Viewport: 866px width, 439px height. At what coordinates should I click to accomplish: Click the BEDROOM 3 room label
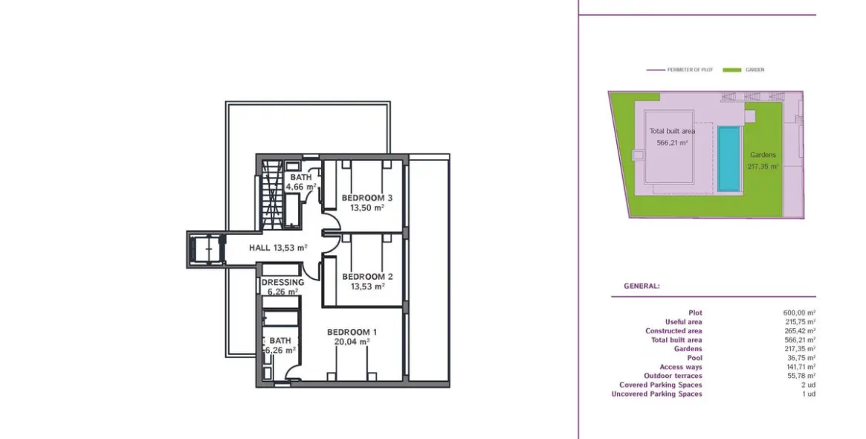(x=366, y=198)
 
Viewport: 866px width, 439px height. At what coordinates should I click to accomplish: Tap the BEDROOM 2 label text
(x=367, y=277)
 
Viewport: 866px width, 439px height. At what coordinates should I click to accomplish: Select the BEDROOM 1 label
(x=352, y=333)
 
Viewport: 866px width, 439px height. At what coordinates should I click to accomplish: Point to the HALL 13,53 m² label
(x=278, y=248)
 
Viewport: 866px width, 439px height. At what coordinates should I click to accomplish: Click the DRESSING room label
(x=282, y=283)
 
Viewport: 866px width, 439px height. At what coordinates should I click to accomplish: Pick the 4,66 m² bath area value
(x=301, y=187)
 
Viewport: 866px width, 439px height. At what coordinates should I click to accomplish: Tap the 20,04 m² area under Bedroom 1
(x=352, y=342)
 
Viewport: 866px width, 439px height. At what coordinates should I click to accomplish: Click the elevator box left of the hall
(x=206, y=250)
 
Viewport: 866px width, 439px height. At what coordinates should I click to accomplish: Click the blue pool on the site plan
(x=728, y=159)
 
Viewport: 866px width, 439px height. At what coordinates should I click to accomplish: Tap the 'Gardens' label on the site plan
(x=763, y=155)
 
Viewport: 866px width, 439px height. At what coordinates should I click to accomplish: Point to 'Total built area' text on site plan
(x=672, y=131)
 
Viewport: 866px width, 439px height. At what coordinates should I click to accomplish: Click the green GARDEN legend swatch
(x=731, y=70)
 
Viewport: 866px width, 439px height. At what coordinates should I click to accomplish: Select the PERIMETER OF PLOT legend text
(x=690, y=70)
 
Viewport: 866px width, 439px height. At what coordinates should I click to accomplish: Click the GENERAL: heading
(x=642, y=286)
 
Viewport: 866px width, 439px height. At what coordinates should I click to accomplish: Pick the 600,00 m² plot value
(x=799, y=313)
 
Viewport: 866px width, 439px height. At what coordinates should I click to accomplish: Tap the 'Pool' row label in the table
(x=695, y=359)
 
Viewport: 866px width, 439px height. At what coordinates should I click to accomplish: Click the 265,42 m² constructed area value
(x=799, y=331)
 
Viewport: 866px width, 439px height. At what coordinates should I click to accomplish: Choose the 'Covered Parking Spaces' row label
(x=661, y=385)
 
